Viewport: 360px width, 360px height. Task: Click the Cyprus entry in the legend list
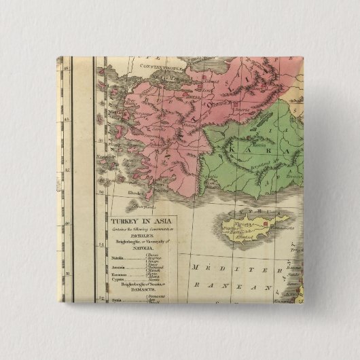(118, 283)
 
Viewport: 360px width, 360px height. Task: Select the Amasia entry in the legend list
(118, 268)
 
